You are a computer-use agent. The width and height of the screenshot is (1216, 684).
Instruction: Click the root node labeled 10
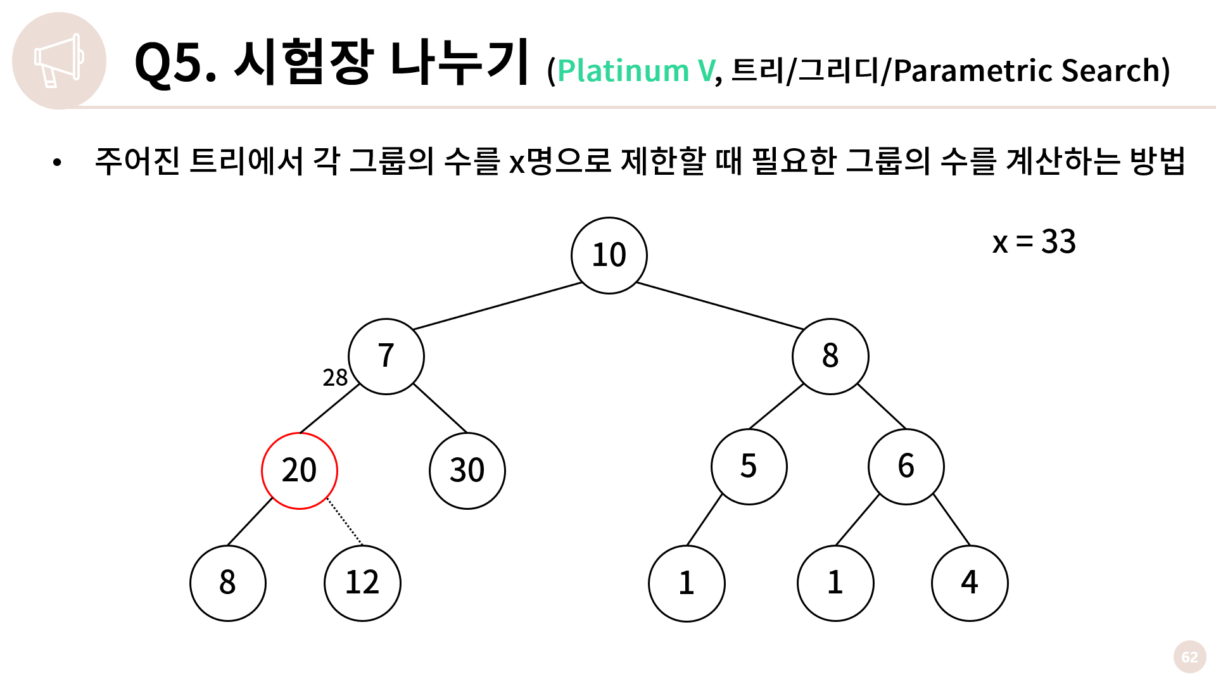click(x=609, y=255)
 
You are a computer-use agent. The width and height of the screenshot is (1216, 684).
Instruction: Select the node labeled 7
click(x=386, y=356)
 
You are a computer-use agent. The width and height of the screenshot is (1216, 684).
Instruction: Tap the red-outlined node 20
click(x=299, y=471)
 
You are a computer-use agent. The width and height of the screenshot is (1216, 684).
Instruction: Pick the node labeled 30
click(x=467, y=471)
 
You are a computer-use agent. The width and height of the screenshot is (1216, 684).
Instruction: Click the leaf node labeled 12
click(x=362, y=583)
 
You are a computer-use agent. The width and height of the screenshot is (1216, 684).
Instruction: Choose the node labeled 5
click(x=749, y=467)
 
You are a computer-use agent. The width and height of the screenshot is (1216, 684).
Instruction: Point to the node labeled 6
click(x=906, y=467)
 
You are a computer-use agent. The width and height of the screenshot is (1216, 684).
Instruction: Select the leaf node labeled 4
click(x=969, y=583)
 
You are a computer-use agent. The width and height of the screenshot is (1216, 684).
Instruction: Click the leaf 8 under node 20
click(x=228, y=583)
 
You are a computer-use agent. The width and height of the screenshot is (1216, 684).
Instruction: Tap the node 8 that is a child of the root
click(x=830, y=356)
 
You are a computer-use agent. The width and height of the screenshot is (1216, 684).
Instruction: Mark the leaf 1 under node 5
click(x=687, y=583)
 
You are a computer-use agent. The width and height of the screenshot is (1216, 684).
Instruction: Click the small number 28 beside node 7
click(x=335, y=377)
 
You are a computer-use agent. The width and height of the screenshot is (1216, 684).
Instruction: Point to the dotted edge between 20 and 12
click(x=345, y=521)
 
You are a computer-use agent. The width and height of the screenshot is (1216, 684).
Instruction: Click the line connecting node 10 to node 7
click(x=497, y=306)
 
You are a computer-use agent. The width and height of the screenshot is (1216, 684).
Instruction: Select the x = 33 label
click(x=1034, y=242)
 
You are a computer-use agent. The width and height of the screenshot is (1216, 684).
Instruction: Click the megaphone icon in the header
click(x=59, y=60)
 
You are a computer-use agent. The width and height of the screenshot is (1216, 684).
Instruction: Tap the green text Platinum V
click(x=636, y=70)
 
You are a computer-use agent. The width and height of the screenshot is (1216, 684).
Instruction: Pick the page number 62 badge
click(x=1189, y=657)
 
